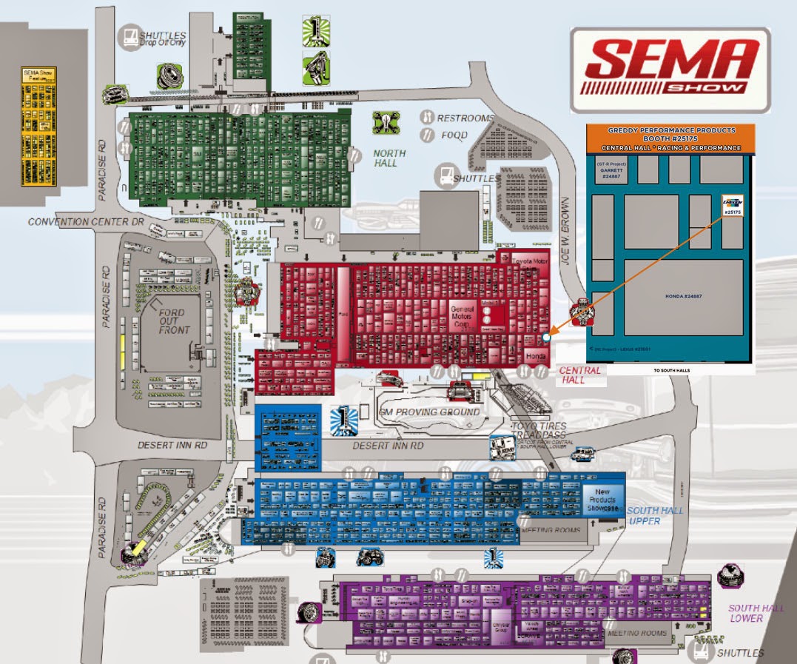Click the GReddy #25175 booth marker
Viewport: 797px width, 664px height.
pos(732,206)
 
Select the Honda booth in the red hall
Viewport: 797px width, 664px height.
pos(535,356)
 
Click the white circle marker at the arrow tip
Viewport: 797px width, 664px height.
pos(546,337)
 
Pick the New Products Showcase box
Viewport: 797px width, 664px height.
pos(602,500)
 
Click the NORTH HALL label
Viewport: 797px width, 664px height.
pos(390,158)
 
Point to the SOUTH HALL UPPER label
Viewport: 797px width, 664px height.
pos(655,516)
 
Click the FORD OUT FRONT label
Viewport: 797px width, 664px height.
pos(174,322)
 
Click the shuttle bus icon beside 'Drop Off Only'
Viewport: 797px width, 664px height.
pos(130,36)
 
